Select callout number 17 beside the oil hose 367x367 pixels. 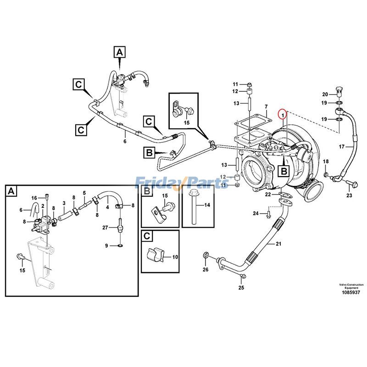click(341, 147)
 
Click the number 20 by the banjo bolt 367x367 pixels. click(325, 94)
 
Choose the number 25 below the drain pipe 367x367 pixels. click(241, 288)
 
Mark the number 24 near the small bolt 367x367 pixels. click(256, 213)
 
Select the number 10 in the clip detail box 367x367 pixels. click(175, 257)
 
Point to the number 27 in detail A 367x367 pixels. click(105, 228)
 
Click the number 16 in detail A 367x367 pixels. click(34, 198)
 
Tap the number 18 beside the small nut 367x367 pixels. click(326, 161)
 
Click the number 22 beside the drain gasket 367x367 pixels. click(267, 195)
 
